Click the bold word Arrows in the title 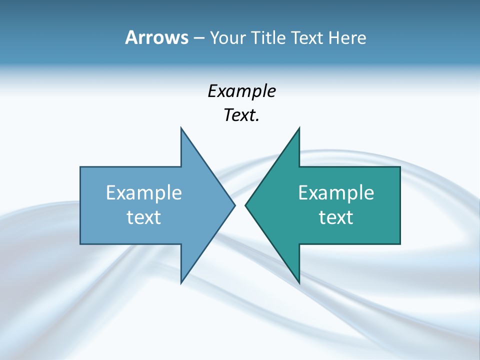pyautogui.click(x=156, y=37)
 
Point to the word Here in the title pyautogui.click(x=347, y=37)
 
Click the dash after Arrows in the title pyautogui.click(x=198, y=38)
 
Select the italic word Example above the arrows pyautogui.click(x=241, y=91)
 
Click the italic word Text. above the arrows pyautogui.click(x=241, y=115)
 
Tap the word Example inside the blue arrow pyautogui.click(x=144, y=192)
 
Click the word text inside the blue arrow pyautogui.click(x=144, y=217)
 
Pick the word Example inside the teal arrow pyautogui.click(x=336, y=192)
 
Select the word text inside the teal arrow pyautogui.click(x=336, y=217)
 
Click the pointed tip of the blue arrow pyautogui.click(x=234, y=205)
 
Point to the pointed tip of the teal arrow pyautogui.click(x=245, y=205)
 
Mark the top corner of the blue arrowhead pyautogui.click(x=181, y=128)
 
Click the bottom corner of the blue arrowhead pyautogui.click(x=181, y=282)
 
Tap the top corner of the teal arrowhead pyautogui.click(x=299, y=128)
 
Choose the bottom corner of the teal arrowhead pyautogui.click(x=299, y=282)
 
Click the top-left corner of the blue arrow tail pyautogui.click(x=80, y=167)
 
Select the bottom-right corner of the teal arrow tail pyautogui.click(x=400, y=244)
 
